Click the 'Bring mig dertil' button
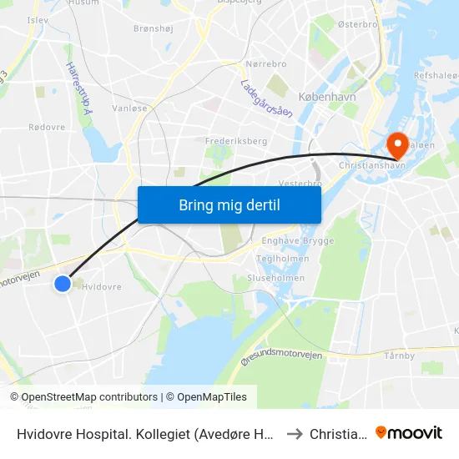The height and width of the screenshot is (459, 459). coord(229,204)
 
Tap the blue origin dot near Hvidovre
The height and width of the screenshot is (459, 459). coord(63,284)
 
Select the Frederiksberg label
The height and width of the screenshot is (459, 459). coord(236,141)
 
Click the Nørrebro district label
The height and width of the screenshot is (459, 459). coord(267,64)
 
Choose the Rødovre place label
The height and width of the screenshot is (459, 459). coord(47,127)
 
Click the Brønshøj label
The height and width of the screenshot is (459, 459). coord(153,28)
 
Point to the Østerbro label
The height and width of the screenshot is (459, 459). coord(358,25)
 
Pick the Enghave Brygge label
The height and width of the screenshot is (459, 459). coord(298,241)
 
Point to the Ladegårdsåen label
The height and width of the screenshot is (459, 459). coord(266,98)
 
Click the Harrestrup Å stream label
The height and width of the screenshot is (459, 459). coord(78,84)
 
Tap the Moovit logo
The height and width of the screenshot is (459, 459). coord(409,432)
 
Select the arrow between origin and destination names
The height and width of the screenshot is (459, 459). coord(294,433)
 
